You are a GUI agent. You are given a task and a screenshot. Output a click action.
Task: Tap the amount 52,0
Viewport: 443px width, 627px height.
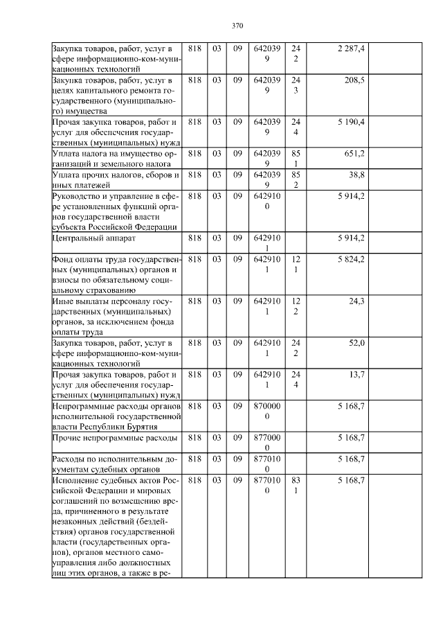point(356,342)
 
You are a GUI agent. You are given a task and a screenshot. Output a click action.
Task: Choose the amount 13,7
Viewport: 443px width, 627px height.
point(356,374)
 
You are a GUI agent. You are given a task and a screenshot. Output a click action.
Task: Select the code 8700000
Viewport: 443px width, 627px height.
point(267,411)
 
